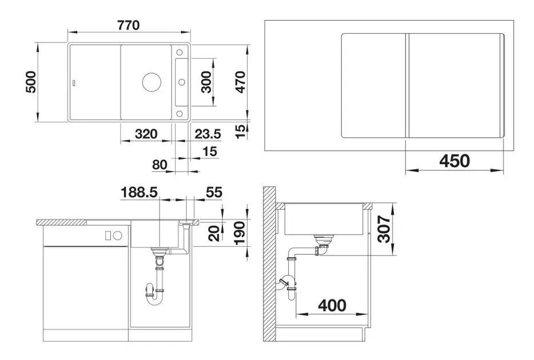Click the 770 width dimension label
coord(129,25)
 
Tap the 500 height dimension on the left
coord(31,82)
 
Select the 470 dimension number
coord(240,82)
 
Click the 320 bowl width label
coord(146,134)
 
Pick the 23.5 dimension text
coord(208,134)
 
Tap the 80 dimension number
coord(160,165)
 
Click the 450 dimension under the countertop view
coord(455,161)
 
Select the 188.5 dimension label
coord(140,193)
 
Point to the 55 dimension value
coord(214,193)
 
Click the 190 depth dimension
coord(240,233)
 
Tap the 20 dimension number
coord(214,234)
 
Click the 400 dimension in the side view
coord(332,306)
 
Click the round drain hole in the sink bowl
coord(151,82)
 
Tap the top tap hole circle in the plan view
coord(180,53)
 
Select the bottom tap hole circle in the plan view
coord(180,113)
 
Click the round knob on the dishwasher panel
coord(117,235)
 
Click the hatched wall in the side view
coord(269,264)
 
